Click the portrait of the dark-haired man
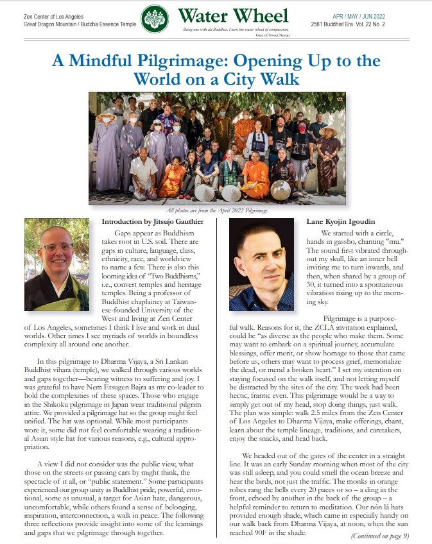(261, 264)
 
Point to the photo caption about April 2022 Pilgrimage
(216, 210)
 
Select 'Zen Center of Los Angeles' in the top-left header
(53, 15)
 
